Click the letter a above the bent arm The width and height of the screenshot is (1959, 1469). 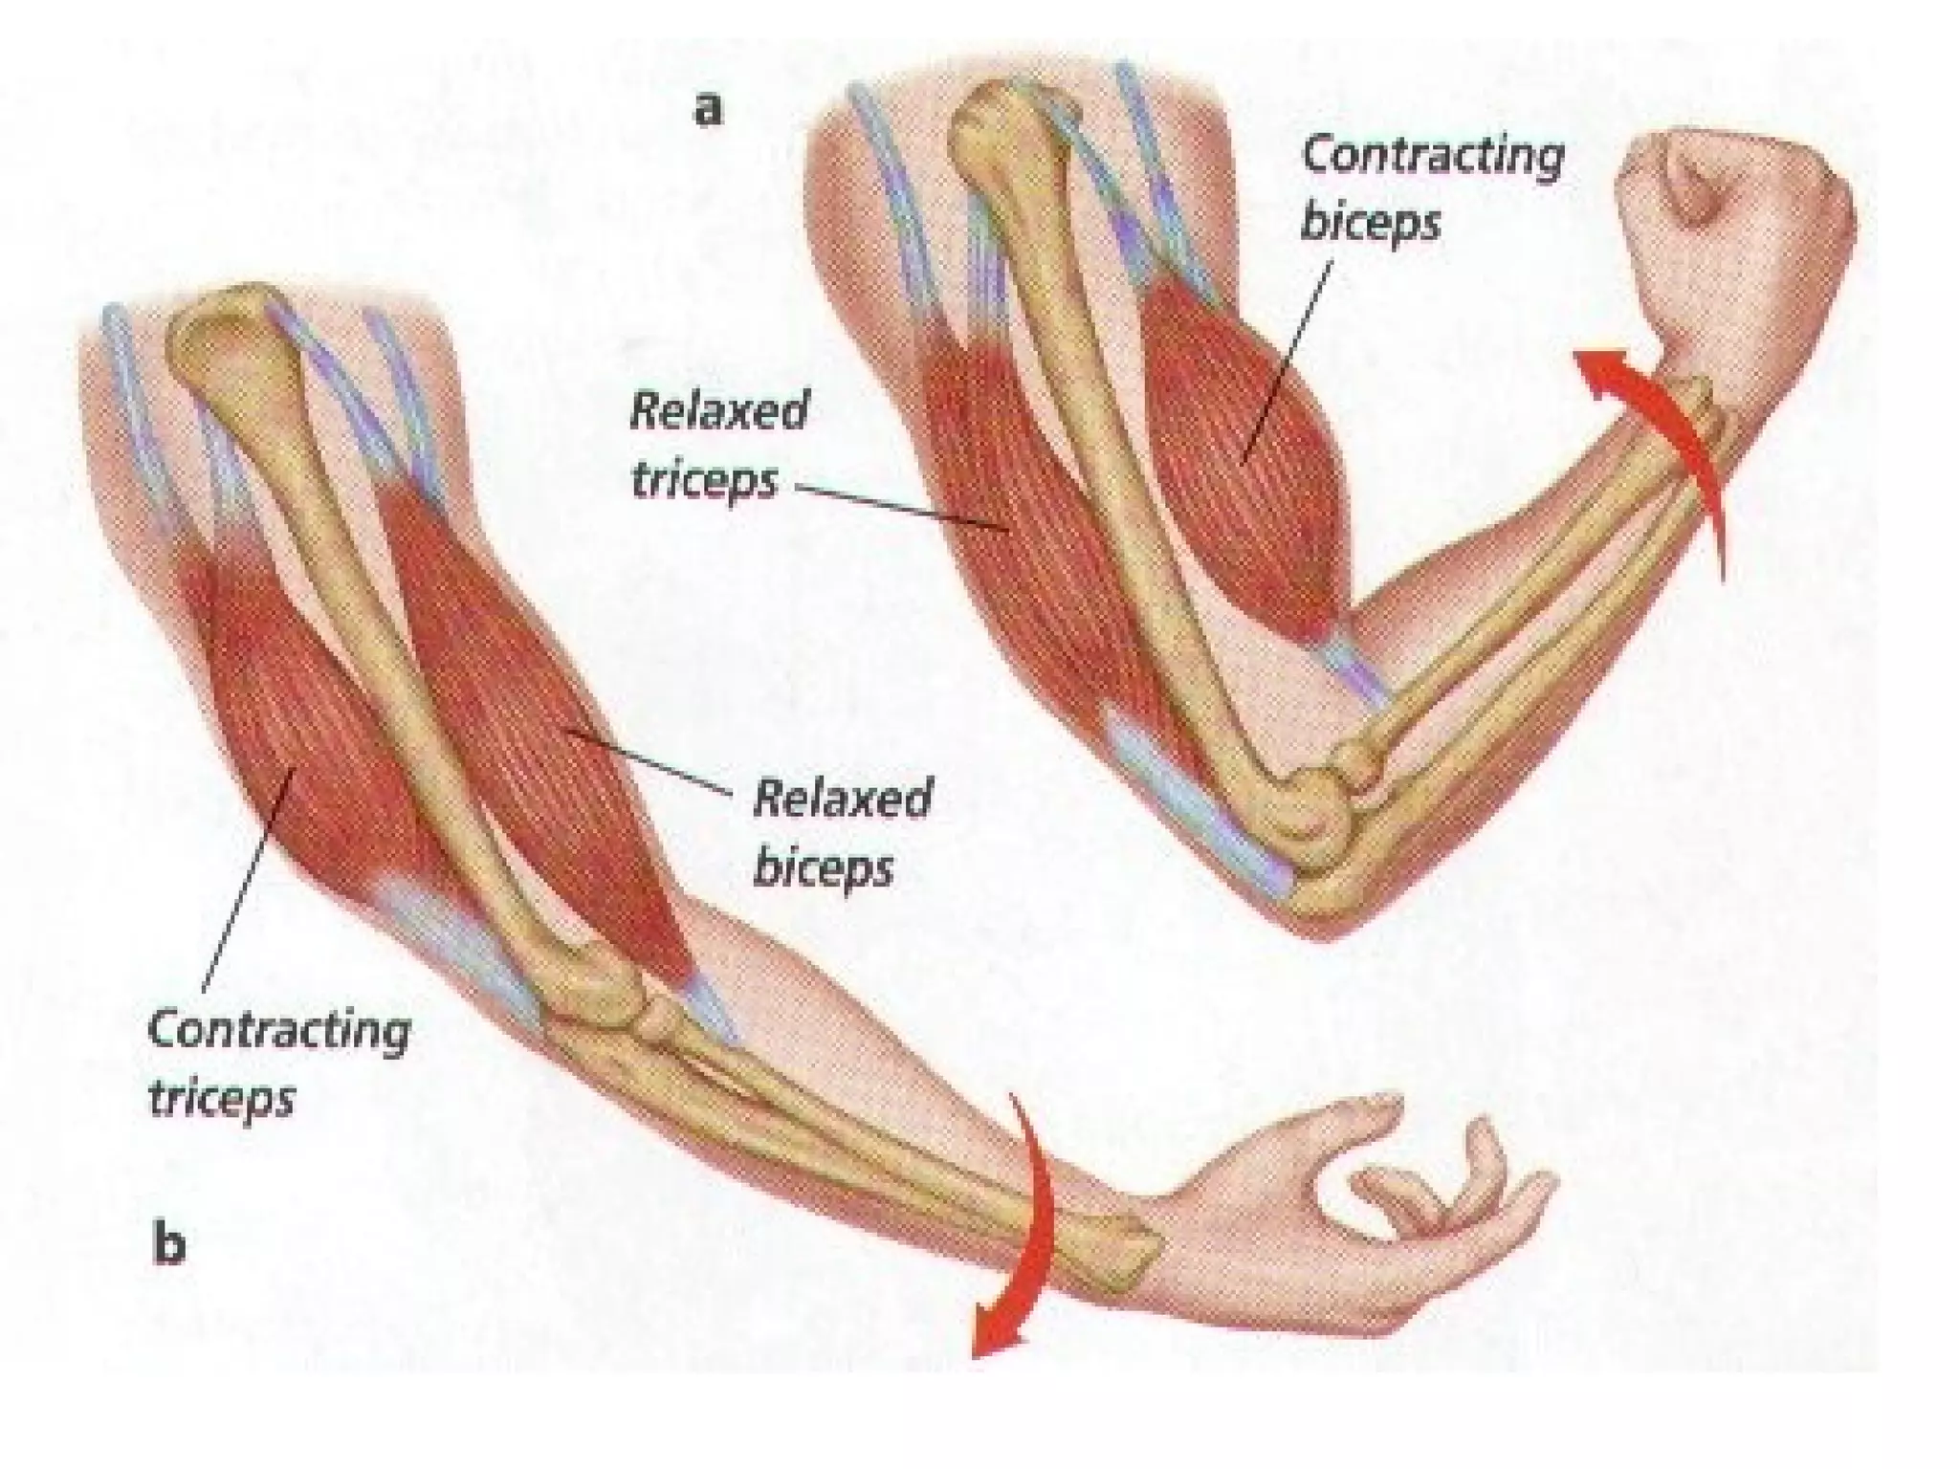click(707, 110)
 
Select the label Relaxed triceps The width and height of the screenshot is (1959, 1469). click(718, 446)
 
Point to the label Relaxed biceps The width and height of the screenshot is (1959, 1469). click(842, 832)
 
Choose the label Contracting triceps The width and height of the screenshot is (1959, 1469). click(278, 1063)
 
